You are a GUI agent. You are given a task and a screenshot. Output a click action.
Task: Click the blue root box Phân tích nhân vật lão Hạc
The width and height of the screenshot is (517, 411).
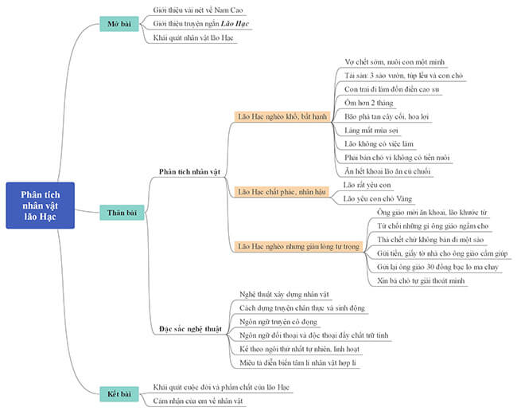click(41, 205)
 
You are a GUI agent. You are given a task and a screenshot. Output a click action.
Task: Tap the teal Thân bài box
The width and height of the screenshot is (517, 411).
click(122, 213)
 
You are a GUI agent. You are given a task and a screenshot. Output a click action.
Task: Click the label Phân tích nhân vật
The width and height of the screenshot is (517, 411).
click(189, 171)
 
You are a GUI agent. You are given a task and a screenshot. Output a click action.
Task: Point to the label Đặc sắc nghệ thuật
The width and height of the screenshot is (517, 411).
click(189, 329)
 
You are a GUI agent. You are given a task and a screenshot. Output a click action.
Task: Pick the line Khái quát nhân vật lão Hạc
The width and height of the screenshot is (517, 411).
click(193, 37)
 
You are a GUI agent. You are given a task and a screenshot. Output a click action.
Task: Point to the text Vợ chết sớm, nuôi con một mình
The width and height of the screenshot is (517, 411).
click(395, 61)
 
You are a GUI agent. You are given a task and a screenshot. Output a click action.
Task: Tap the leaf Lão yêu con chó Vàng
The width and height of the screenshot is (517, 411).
click(378, 198)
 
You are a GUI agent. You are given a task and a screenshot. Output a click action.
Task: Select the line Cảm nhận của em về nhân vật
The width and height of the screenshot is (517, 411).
click(198, 401)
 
